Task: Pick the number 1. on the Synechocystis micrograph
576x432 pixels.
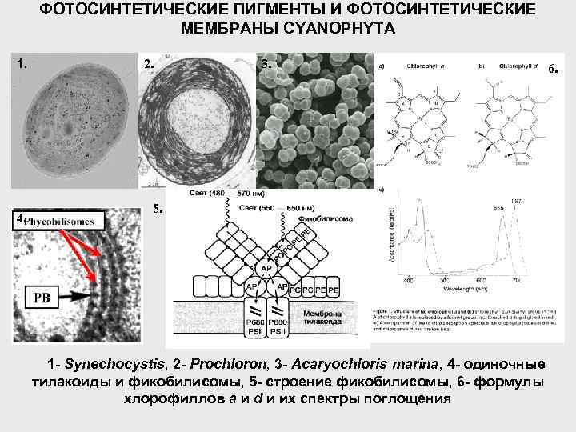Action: tap(24, 62)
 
